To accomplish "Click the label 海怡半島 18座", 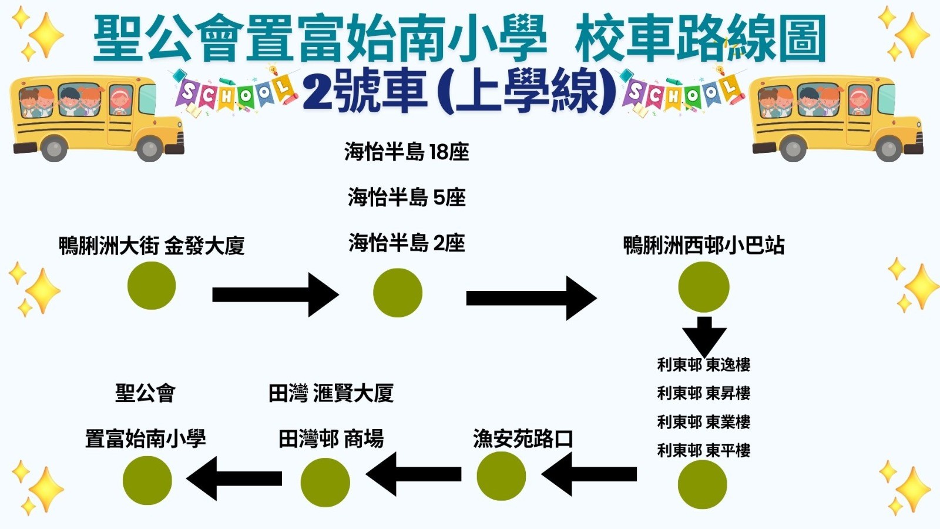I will tap(407, 152).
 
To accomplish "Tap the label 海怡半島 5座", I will tap(407, 197).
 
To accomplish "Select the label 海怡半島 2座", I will tap(407, 243).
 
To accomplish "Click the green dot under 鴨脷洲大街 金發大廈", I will tap(152, 286).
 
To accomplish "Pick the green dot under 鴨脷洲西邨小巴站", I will tap(703, 287).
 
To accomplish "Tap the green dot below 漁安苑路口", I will tap(501, 476).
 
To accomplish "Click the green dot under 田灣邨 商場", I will tap(325, 482).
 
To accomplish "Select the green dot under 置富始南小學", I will tap(147, 480).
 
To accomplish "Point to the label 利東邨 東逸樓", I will tap(703, 365).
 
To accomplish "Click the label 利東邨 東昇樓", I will tap(703, 393).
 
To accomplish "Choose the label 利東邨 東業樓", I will tap(703, 422).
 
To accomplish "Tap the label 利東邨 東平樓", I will tap(703, 451).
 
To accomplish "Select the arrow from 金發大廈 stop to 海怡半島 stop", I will tap(275, 294).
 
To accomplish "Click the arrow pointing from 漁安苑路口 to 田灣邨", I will tap(414, 474).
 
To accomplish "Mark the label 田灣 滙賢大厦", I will tap(331, 393).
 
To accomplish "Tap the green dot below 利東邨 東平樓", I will tap(702, 485).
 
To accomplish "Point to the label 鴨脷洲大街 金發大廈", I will tap(152, 246).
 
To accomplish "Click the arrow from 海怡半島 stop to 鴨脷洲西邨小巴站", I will tap(531, 298).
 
